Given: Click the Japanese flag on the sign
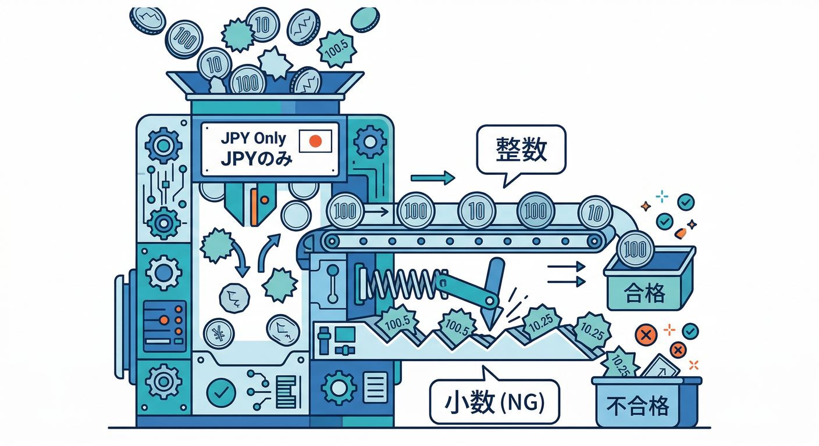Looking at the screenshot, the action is pyautogui.click(x=315, y=141).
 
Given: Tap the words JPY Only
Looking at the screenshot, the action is pyautogui.click(x=254, y=138).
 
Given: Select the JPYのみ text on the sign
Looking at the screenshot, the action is pyautogui.click(x=257, y=159).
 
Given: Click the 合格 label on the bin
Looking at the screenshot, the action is pyautogui.click(x=644, y=293).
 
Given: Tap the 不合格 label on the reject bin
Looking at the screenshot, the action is pyautogui.click(x=638, y=406).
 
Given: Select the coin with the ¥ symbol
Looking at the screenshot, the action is pyautogui.click(x=219, y=334).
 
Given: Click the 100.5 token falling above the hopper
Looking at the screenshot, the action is pyautogui.click(x=336, y=49).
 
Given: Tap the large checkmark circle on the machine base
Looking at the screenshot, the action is pyautogui.click(x=221, y=393).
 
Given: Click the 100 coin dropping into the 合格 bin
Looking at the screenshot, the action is pyautogui.click(x=635, y=249).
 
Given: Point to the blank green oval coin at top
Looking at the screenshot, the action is pyautogui.click(x=365, y=19).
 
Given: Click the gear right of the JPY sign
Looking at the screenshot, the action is pyautogui.click(x=370, y=142).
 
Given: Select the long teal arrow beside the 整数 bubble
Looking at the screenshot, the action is pyautogui.click(x=433, y=178).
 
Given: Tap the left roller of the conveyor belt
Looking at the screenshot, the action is pyautogui.click(x=332, y=241).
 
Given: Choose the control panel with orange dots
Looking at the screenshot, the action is pyautogui.click(x=164, y=326).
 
